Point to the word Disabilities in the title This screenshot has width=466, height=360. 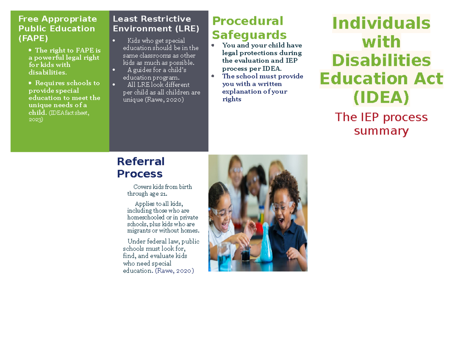tap(381, 61)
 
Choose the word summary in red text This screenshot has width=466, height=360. tap(381, 131)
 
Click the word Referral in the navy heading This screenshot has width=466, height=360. tap(141, 161)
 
